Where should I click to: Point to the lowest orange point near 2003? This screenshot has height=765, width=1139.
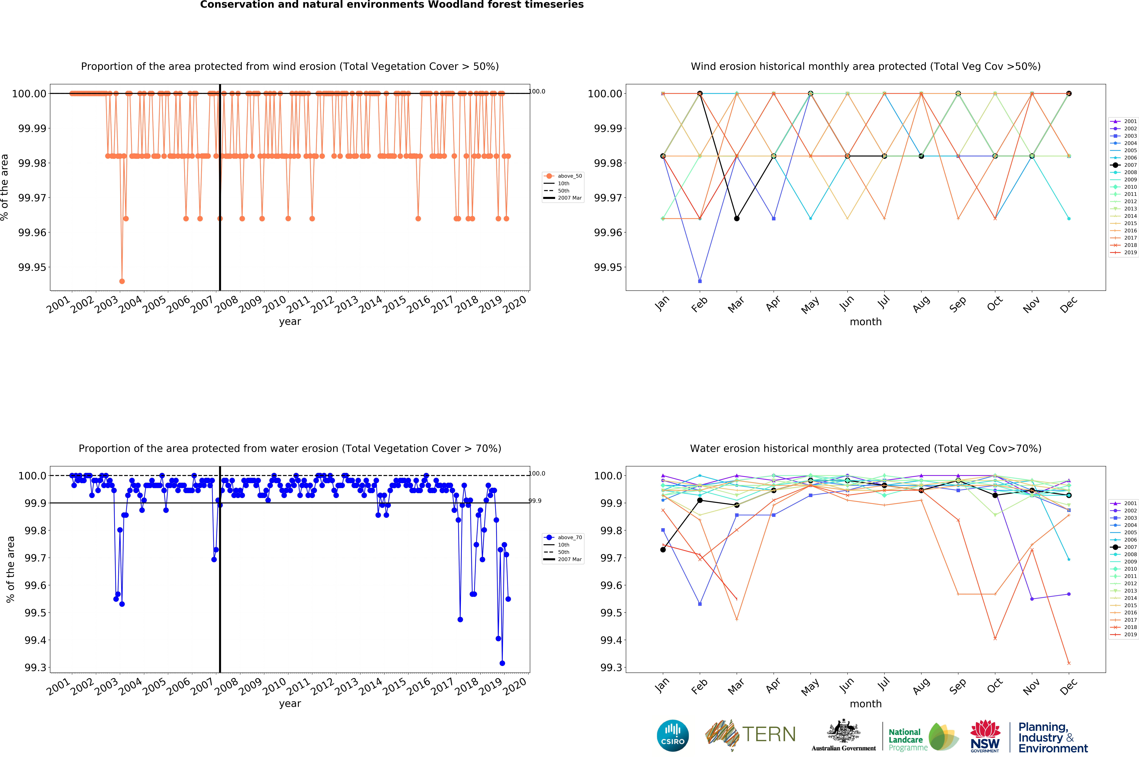click(x=122, y=281)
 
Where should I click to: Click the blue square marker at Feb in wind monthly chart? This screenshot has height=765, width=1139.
click(x=700, y=281)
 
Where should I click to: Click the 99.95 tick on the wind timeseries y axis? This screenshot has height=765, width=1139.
click(x=32, y=267)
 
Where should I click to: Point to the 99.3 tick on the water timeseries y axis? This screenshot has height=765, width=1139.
click(x=35, y=667)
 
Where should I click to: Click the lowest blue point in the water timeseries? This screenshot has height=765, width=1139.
click(x=502, y=663)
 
